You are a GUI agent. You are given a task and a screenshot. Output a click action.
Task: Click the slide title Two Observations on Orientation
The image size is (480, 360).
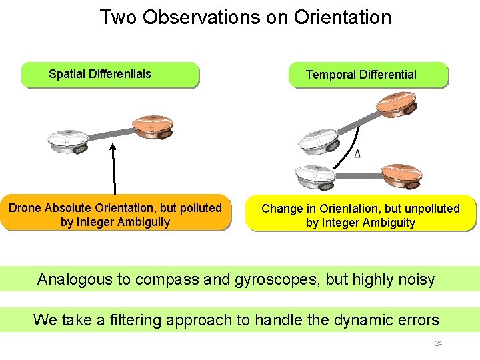pos(245,17)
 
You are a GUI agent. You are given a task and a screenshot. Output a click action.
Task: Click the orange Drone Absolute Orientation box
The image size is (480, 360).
pos(115,215)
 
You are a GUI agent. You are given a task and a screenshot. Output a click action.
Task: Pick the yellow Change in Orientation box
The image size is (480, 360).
pos(361,215)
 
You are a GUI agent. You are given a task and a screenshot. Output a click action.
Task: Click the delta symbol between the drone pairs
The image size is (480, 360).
pos(358,154)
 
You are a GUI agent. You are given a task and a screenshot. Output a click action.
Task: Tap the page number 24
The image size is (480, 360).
pos(438,343)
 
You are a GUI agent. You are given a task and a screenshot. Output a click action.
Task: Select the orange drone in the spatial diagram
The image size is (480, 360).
pos(153,127)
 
